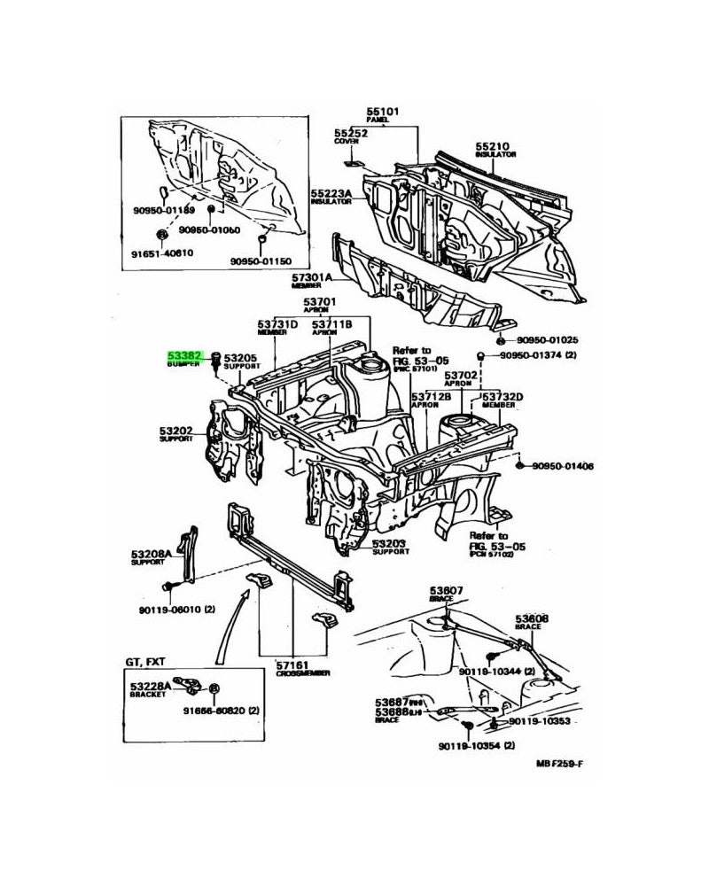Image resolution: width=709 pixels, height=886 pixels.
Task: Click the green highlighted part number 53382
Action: (x=186, y=353)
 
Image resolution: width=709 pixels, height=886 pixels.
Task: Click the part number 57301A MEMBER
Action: (x=311, y=277)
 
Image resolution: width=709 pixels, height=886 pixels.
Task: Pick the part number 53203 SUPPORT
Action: (x=390, y=544)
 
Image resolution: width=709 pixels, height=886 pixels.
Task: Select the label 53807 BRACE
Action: (x=447, y=589)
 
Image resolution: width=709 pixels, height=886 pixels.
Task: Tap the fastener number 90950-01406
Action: (x=563, y=466)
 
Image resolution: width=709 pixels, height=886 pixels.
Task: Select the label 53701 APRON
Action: (x=323, y=303)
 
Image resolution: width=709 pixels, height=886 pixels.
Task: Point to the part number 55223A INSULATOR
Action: (x=331, y=193)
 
